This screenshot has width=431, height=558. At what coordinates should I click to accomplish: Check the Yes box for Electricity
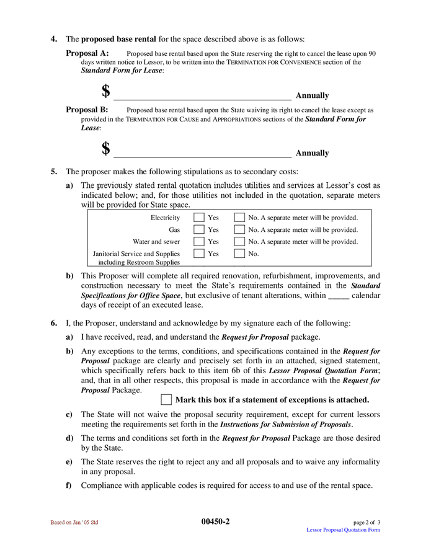pos(198,218)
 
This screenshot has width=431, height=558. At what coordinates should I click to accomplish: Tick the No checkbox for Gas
pos(239,229)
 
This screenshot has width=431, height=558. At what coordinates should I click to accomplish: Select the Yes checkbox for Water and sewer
pos(198,241)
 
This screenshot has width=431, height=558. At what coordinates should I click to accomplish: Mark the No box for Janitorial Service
pos(239,254)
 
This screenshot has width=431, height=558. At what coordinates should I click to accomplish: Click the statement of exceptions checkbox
pos(166,400)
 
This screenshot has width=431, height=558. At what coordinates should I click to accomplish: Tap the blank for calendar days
pos(338,295)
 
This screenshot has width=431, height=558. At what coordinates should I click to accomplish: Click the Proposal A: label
pos(87,53)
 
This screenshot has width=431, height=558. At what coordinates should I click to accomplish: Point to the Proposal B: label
pos(87,110)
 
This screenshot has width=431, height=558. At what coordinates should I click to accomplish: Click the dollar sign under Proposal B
pos(106,149)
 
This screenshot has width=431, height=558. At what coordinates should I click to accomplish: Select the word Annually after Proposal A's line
pos(312,95)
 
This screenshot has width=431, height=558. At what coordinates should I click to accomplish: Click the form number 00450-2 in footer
pos(215,521)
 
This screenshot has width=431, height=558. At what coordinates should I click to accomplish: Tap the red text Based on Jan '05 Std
pos(74,523)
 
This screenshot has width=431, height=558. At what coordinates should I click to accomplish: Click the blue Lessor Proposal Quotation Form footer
pos(344,530)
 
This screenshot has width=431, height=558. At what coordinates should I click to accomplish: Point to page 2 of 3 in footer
pos(367,523)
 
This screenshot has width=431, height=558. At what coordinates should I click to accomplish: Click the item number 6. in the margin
pos(55,323)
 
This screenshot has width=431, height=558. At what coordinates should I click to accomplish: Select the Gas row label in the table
pos(174,230)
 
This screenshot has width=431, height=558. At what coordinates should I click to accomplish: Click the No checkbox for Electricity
pos(239,218)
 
